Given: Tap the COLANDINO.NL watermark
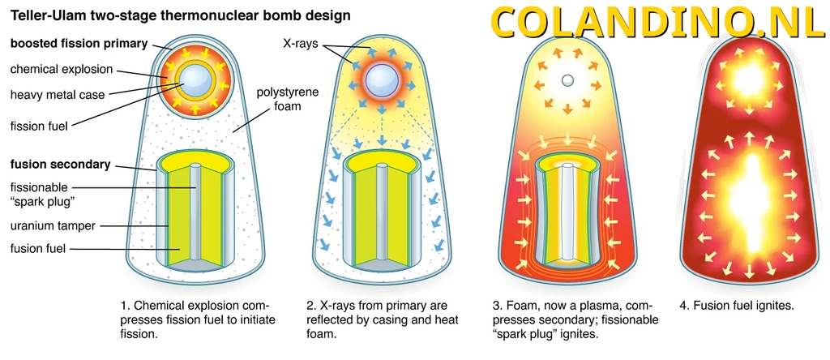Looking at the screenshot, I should pyautogui.click(x=657, y=22).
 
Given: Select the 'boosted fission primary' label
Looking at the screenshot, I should pyautogui.click(x=79, y=44).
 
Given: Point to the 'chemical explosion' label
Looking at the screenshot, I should pyautogui.click(x=62, y=69).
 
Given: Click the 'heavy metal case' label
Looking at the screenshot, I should pyautogui.click(x=58, y=95).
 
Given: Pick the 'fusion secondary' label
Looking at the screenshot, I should pyautogui.click(x=60, y=164).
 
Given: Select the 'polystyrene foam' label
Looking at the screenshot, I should pyautogui.click(x=288, y=99).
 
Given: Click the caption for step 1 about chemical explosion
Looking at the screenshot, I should pyautogui.click(x=198, y=319).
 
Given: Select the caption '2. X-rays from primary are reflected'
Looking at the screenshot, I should pyautogui.click(x=377, y=319).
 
